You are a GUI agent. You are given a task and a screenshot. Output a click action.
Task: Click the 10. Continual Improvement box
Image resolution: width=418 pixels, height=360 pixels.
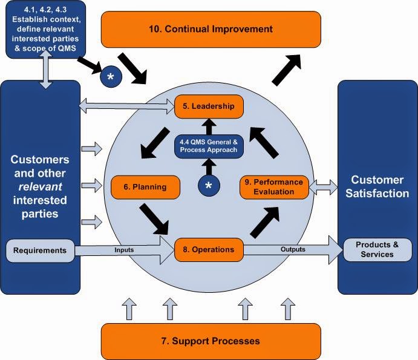(211, 29)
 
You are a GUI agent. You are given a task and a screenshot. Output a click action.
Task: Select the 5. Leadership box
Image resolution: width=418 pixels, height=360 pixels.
(209, 106)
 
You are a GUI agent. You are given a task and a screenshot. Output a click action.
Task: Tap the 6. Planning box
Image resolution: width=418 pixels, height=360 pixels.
(146, 187)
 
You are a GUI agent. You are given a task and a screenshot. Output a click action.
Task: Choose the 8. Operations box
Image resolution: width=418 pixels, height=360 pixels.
(209, 249)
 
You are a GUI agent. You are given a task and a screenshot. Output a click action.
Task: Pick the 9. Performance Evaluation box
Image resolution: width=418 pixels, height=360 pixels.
(274, 187)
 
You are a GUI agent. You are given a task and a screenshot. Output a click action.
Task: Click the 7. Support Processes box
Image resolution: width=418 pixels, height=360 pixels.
(211, 341)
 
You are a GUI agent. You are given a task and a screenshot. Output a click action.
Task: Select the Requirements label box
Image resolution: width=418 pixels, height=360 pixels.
(40, 249)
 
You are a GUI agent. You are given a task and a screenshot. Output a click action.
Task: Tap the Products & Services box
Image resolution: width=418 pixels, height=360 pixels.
(377, 249)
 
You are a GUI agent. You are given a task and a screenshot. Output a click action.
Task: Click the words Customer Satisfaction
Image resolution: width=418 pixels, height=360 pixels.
(377, 186)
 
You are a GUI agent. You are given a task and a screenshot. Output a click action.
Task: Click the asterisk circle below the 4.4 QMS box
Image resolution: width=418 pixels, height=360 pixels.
(209, 186)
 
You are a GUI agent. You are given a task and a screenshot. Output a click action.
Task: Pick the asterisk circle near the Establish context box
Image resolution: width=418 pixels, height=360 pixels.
(111, 77)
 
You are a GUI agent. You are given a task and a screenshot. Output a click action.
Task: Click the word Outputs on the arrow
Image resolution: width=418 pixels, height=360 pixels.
(293, 249)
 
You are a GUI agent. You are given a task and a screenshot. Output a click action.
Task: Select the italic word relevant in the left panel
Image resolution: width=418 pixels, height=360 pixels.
(40, 186)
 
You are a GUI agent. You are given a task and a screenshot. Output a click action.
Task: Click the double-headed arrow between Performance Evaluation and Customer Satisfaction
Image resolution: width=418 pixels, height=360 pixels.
(324, 187)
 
